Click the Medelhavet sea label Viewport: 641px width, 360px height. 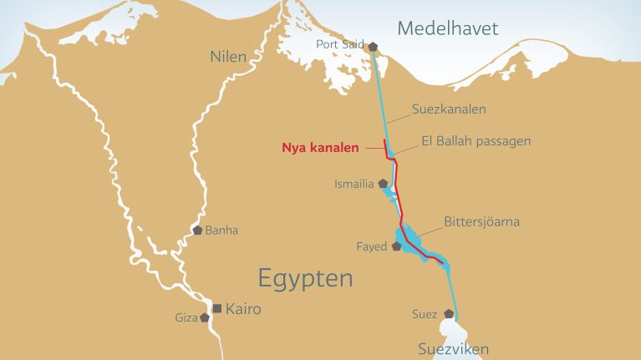click(x=447, y=28)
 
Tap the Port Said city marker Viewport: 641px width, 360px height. click(x=373, y=48)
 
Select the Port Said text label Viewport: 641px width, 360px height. click(x=340, y=45)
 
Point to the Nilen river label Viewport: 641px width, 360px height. click(x=227, y=57)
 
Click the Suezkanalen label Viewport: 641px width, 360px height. click(x=449, y=109)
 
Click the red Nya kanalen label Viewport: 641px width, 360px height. click(x=320, y=148)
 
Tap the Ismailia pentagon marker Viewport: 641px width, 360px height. click(x=383, y=183)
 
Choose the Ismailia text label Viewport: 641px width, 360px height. click(x=354, y=184)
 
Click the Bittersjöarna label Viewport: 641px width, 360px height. click(x=481, y=221)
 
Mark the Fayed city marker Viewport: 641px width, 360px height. click(x=395, y=246)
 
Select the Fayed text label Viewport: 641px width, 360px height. click(x=372, y=247)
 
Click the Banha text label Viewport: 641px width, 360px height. click(x=221, y=231)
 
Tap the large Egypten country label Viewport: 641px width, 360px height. click(x=305, y=277)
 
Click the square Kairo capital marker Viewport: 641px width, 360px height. click(x=217, y=309)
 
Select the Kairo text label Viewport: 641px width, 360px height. click(x=243, y=309)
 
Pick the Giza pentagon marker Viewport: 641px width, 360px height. click(x=204, y=317)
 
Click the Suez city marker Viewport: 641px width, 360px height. click(x=449, y=314)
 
